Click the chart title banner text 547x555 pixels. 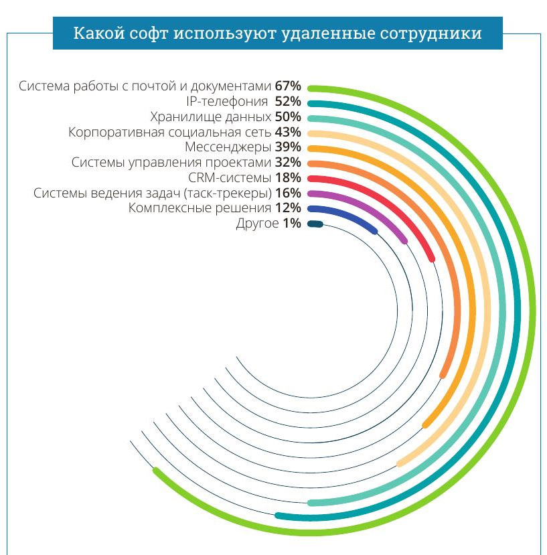(277, 33)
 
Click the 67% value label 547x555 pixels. (289, 86)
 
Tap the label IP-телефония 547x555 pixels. (228, 102)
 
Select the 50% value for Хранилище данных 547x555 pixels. (288, 116)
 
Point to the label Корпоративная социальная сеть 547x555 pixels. (170, 132)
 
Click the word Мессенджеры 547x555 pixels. (227, 147)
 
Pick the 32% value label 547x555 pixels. (288, 162)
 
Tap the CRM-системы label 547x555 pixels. (230, 177)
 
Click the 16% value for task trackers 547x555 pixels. (288, 193)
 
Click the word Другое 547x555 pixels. (257, 224)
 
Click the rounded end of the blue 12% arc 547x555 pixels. (374, 231)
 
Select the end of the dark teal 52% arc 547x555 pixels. (279, 516)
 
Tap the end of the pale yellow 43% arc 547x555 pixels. (400, 463)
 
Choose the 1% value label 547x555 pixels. (292, 224)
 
